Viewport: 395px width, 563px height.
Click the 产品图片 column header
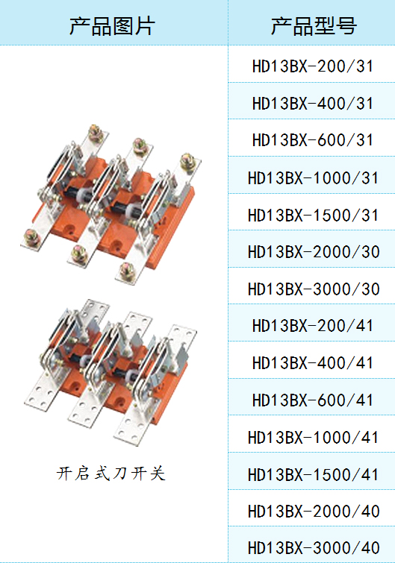click(112, 26)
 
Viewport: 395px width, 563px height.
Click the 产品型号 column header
click(314, 26)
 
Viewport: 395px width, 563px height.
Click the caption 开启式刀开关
click(111, 474)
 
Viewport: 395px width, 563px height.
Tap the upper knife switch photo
click(111, 204)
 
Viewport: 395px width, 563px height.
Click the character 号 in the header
click(346, 26)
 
